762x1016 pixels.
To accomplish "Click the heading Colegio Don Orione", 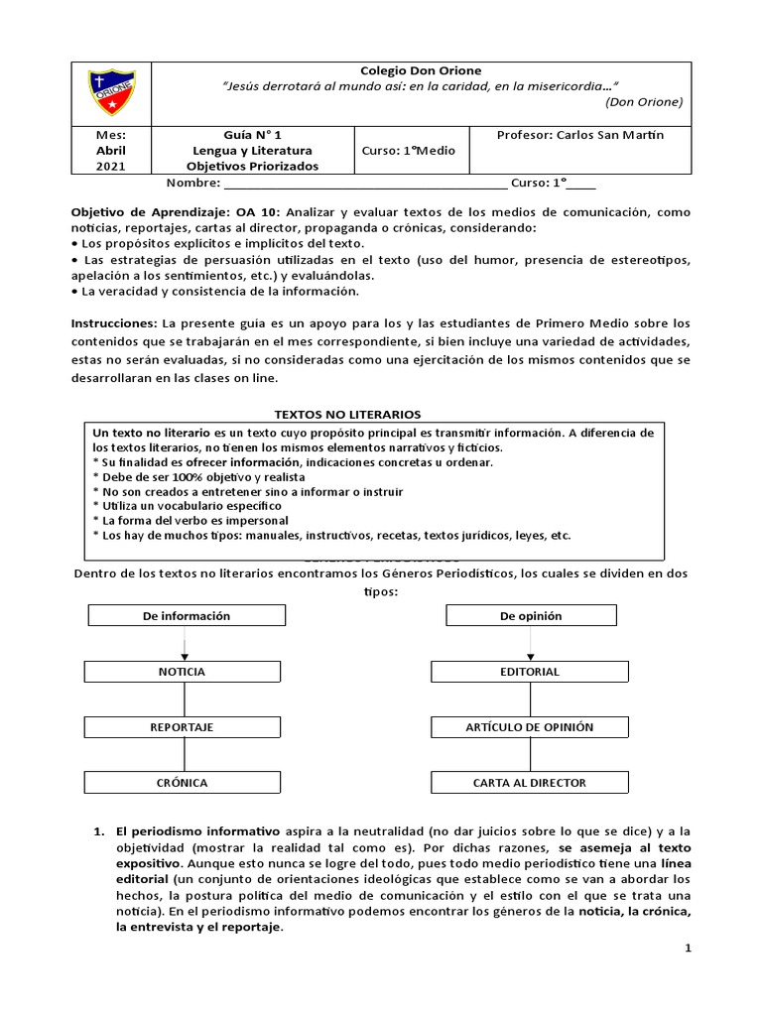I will pyautogui.click(x=421, y=70).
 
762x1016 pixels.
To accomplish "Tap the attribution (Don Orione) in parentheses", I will pyautogui.click(x=643, y=101).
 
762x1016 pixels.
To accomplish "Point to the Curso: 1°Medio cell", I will pyautogui.click(x=407, y=150).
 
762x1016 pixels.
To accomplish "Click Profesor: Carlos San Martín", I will pyautogui.click(x=580, y=134).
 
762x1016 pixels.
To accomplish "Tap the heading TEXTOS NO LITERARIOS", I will pyautogui.click(x=347, y=413).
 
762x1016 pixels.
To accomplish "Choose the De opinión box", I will pyautogui.click(x=531, y=616).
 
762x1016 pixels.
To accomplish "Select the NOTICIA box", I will pyautogui.click(x=182, y=672).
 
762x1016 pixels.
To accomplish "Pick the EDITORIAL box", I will pyautogui.click(x=530, y=672).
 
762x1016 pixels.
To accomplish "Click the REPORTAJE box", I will pyautogui.click(x=182, y=727).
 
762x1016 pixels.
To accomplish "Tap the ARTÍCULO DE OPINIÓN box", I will pyautogui.click(x=530, y=727).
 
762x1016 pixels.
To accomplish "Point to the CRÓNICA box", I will pyautogui.click(x=182, y=783).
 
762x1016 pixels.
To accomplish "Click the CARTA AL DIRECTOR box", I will pyautogui.click(x=530, y=783).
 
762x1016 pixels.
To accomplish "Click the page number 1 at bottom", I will pyautogui.click(x=687, y=949).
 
